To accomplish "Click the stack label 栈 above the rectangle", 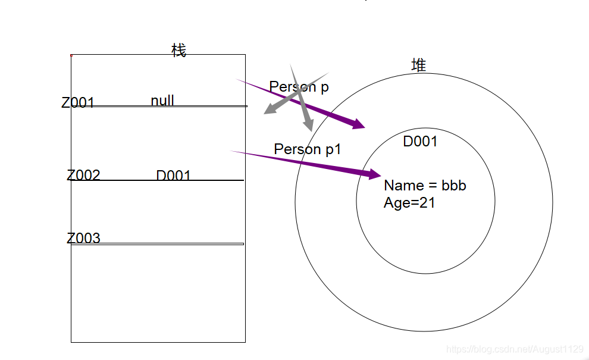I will (178, 51).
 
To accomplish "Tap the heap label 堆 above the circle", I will (419, 65).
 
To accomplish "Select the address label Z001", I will (78, 103).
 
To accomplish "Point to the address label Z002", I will (83, 176).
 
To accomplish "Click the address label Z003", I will (83, 239).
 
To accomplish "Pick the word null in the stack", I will (162, 101).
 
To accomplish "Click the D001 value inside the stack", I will (173, 176).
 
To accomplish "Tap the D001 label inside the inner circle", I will (420, 142).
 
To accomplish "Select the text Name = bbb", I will (425, 186).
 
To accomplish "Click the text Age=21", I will (409, 203).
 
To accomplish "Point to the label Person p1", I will (308, 149).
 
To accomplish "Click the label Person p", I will (299, 87).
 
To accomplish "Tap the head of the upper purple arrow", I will (359, 124).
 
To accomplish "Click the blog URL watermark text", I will (514, 349).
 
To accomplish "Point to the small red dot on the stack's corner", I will (71, 55).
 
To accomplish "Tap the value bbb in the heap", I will (454, 186).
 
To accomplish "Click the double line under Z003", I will (158, 243).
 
